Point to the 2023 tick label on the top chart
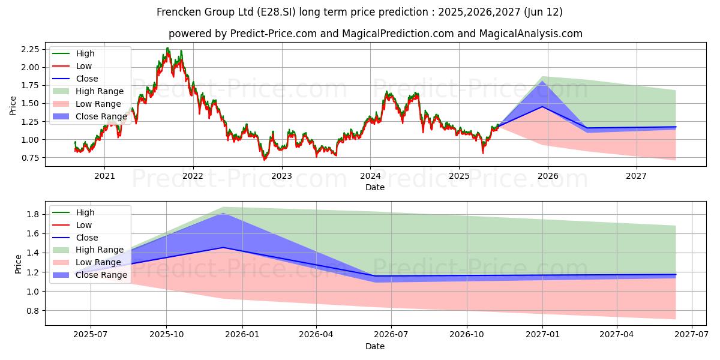(281, 176)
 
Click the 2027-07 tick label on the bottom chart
(692, 335)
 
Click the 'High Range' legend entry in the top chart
(100, 91)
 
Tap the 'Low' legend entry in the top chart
(85, 66)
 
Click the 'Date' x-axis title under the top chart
(375, 187)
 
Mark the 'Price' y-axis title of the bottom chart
(18, 264)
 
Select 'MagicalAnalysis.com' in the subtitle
(530, 34)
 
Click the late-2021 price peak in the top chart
(167, 49)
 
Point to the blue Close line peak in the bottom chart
(223, 247)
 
